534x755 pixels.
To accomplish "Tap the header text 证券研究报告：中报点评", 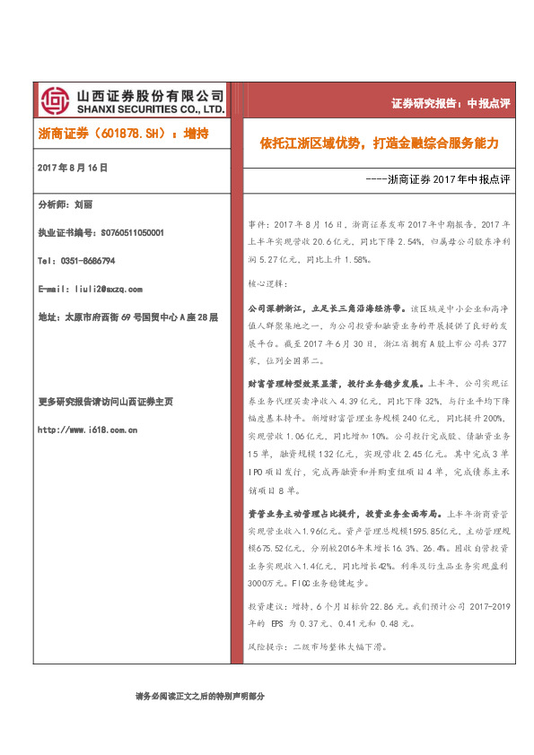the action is pyautogui.click(x=451, y=103).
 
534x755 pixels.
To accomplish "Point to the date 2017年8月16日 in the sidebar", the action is pyautogui.click(x=72, y=168).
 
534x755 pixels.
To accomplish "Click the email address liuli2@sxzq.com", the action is pyautogui.click(x=101, y=289).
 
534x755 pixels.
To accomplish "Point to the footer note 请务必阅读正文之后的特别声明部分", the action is pyautogui.click(x=199, y=696).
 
